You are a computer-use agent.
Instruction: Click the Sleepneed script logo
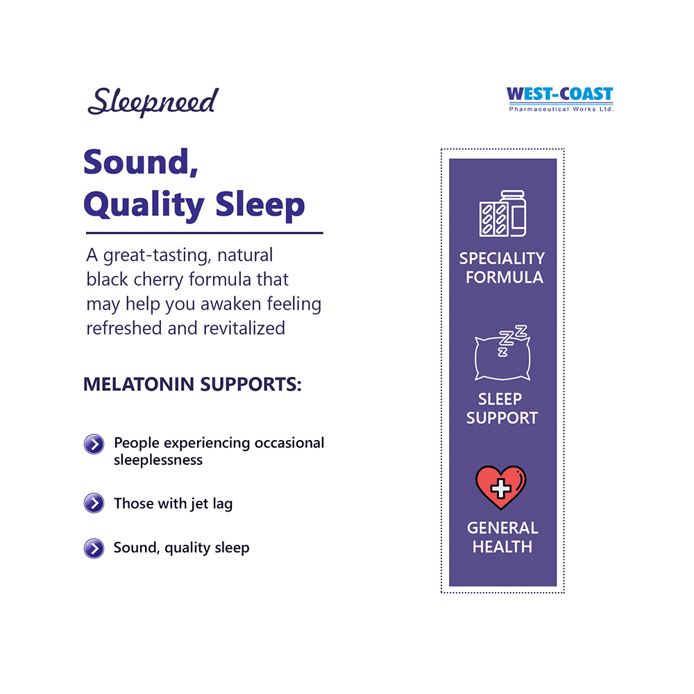pos(153,102)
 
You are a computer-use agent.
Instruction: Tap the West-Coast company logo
pos(560,99)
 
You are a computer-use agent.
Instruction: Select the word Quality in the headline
pos(144,206)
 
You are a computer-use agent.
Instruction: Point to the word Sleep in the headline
pos(260,206)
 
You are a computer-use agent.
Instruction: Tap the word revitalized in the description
pos(244,328)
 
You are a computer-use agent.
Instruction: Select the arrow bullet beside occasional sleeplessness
pos(94,444)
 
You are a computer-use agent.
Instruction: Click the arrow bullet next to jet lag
pos(94,502)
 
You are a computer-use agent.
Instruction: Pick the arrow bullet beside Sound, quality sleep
pos(94,548)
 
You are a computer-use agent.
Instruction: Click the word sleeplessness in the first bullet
pos(158,460)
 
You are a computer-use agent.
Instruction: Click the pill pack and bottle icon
pos(502,213)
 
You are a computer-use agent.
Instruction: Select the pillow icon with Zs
pos(502,353)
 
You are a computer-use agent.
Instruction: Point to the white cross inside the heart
pos(500,489)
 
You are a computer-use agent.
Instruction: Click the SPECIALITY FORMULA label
pos(502,268)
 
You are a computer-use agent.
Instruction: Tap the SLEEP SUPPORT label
pos(502,408)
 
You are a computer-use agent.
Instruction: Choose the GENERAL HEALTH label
pos(502,537)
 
